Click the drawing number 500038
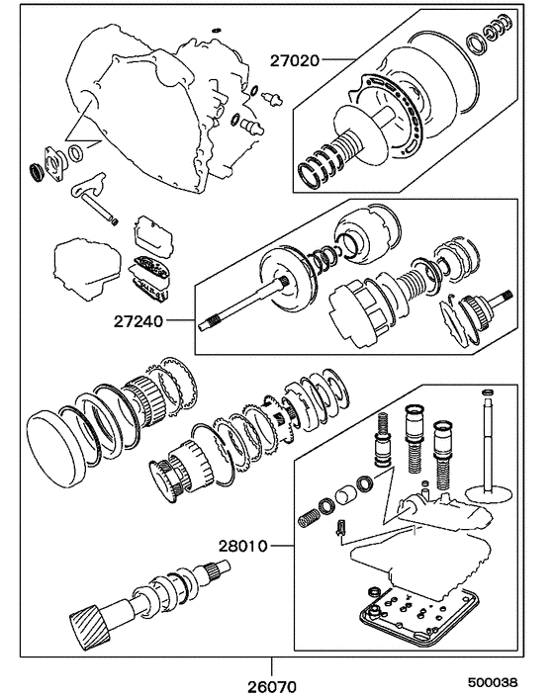click(491, 682)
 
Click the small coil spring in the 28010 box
click(309, 517)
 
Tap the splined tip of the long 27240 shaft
click(210, 321)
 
